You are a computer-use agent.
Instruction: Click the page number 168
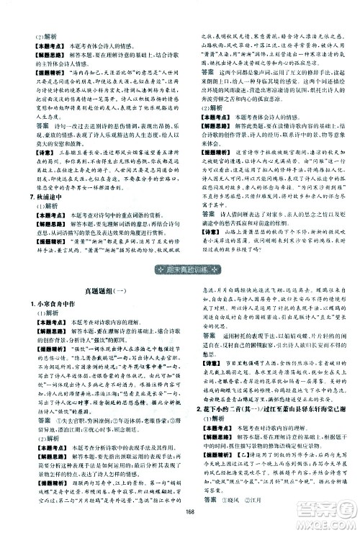coord(181,512)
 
